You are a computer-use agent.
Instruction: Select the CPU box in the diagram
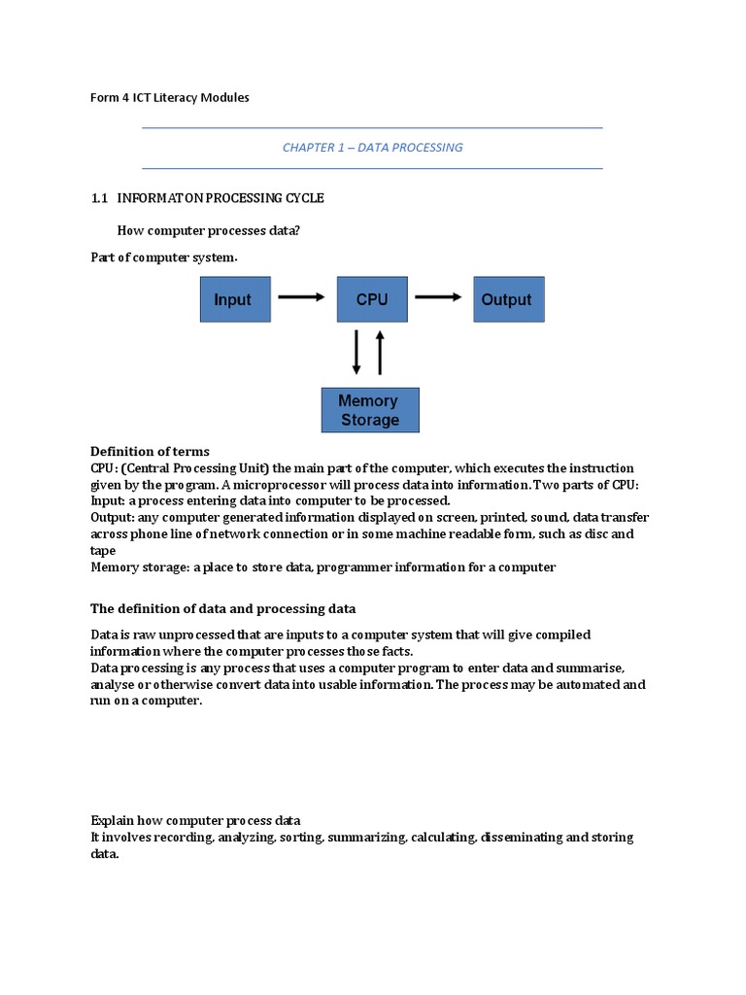[372, 299]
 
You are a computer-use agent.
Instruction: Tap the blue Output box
[508, 299]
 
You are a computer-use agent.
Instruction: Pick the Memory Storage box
[370, 410]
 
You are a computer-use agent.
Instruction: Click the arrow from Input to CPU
[301, 298]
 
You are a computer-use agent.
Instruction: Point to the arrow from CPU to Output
[439, 298]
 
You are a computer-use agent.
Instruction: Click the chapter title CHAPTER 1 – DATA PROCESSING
[372, 148]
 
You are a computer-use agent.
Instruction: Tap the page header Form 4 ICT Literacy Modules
[169, 98]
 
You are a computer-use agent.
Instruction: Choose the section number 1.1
[98, 198]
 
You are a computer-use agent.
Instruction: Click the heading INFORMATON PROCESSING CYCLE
[220, 198]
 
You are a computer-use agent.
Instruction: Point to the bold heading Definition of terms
[150, 452]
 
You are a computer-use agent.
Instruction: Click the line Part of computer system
[163, 257]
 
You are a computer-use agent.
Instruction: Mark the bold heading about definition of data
[223, 609]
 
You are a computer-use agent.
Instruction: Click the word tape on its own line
[103, 551]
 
